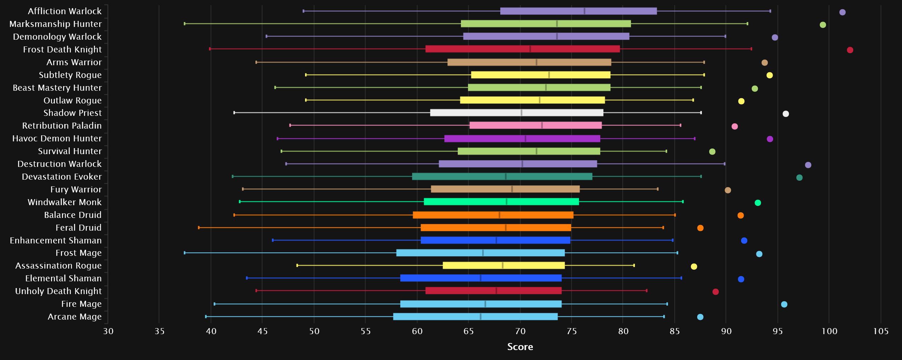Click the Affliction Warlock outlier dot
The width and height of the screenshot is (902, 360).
(842, 12)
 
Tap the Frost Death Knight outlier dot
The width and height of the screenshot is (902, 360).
(850, 50)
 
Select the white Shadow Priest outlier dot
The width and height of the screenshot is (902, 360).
(786, 114)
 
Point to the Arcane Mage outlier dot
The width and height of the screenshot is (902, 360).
(700, 317)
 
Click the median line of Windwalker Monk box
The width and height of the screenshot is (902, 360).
(507, 202)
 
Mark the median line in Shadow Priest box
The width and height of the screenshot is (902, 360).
(522, 113)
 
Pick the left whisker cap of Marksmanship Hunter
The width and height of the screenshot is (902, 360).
(185, 24)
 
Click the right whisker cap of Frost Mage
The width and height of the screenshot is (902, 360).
(677, 253)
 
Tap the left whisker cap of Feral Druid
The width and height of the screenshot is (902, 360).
(199, 227)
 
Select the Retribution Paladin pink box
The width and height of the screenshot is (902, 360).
(535, 125)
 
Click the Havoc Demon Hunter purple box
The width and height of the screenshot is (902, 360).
(522, 139)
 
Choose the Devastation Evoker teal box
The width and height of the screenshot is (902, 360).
(502, 176)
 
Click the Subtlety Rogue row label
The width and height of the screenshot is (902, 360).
(70, 75)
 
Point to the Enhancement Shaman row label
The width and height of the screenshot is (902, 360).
(56, 240)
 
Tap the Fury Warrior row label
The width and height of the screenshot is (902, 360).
(76, 189)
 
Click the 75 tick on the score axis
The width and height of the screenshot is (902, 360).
(572, 331)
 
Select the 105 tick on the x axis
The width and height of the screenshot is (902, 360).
(881, 331)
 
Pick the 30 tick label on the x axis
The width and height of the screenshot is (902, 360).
(108, 331)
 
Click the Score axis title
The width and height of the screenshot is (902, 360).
(520, 347)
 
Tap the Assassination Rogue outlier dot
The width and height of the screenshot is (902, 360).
(694, 266)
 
